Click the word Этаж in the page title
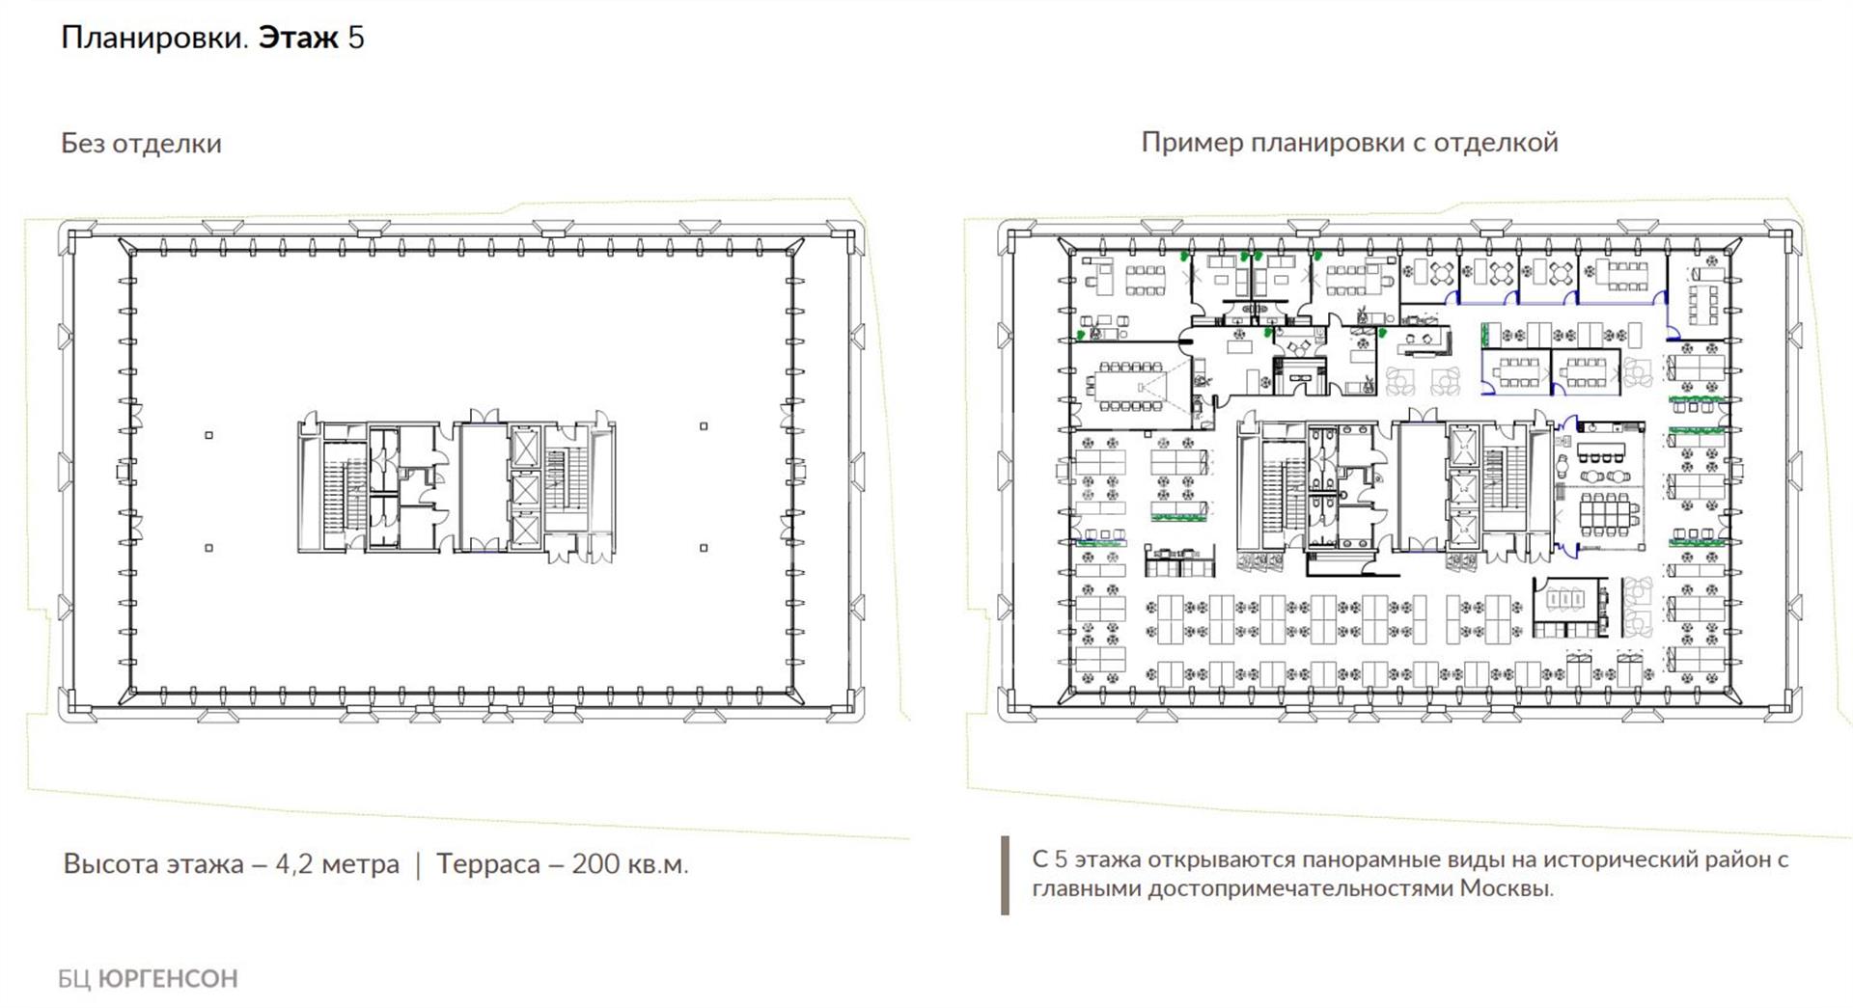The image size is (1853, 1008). click(298, 38)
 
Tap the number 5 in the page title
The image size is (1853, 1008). click(356, 38)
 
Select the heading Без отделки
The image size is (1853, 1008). click(141, 143)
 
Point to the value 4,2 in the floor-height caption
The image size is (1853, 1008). click(294, 863)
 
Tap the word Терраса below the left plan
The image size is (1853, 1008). click(487, 864)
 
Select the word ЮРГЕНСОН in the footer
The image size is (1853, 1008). click(168, 978)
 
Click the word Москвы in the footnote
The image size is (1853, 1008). click(1506, 887)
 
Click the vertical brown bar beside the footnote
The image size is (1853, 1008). click(1006, 875)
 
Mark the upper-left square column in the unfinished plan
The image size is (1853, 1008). click(208, 435)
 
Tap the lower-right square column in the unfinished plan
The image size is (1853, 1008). click(704, 548)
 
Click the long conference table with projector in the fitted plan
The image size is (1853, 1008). click(1130, 386)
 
